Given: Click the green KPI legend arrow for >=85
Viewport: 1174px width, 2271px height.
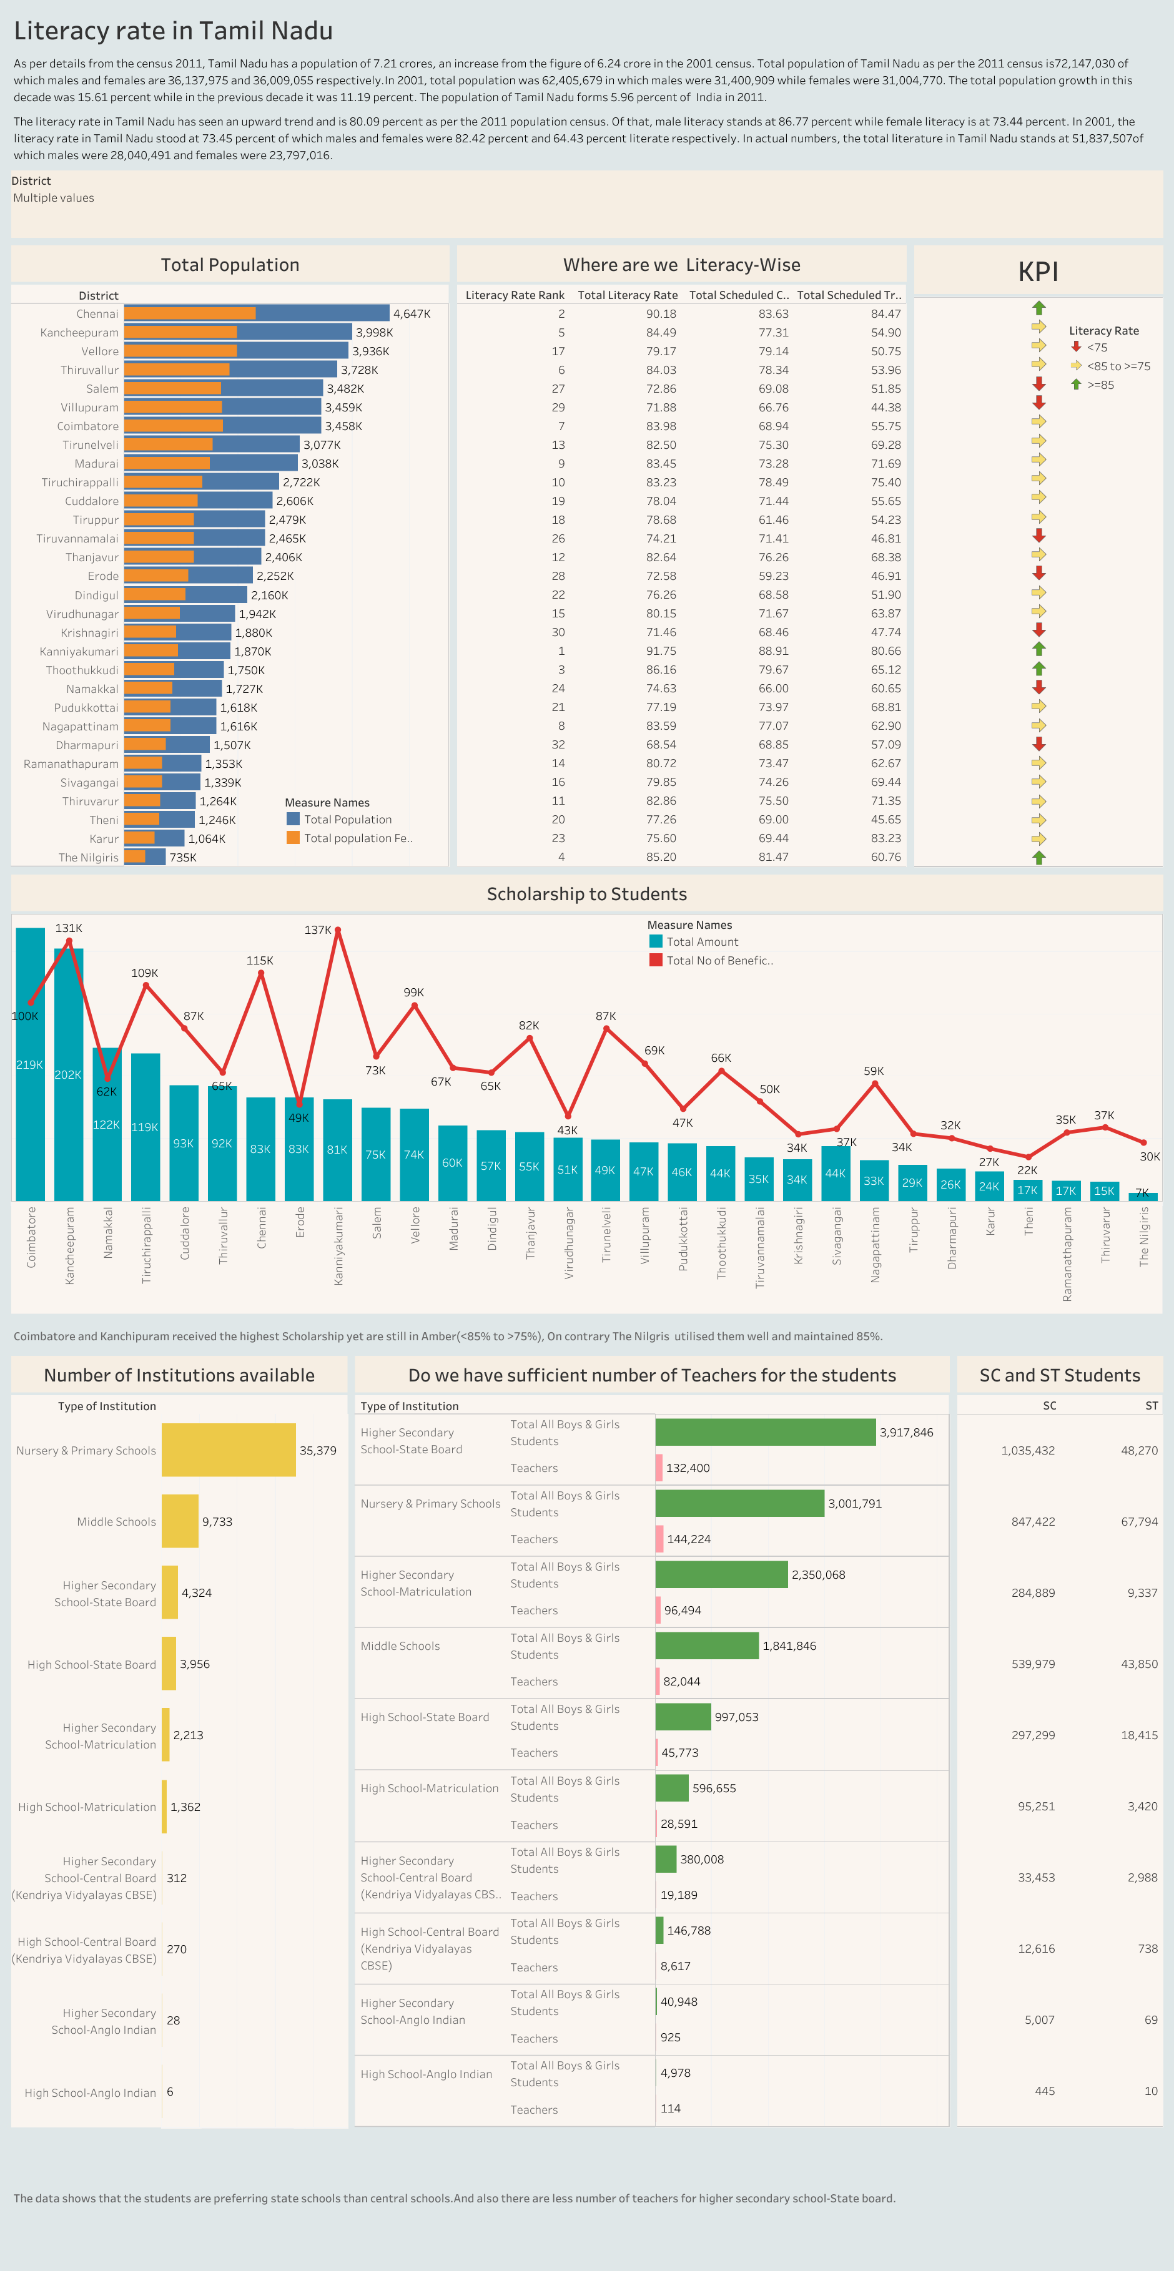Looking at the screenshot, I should (x=1076, y=385).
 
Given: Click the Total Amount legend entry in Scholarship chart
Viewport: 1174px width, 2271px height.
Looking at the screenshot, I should (x=701, y=941).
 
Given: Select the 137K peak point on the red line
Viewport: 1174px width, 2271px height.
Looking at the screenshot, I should (x=338, y=930).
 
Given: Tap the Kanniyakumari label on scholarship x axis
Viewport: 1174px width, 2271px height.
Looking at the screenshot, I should (x=338, y=1245).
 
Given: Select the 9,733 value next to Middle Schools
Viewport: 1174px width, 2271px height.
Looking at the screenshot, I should (x=217, y=1522).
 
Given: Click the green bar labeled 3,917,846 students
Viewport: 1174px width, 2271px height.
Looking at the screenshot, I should (x=765, y=1432).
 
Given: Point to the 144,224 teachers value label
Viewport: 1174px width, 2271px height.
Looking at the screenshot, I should (x=688, y=1539).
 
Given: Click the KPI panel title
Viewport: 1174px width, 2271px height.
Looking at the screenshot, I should (x=1037, y=272).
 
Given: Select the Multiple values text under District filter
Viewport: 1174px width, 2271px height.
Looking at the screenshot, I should (x=53, y=199).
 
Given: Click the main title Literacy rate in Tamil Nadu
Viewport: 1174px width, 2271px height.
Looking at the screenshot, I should (x=173, y=31).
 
